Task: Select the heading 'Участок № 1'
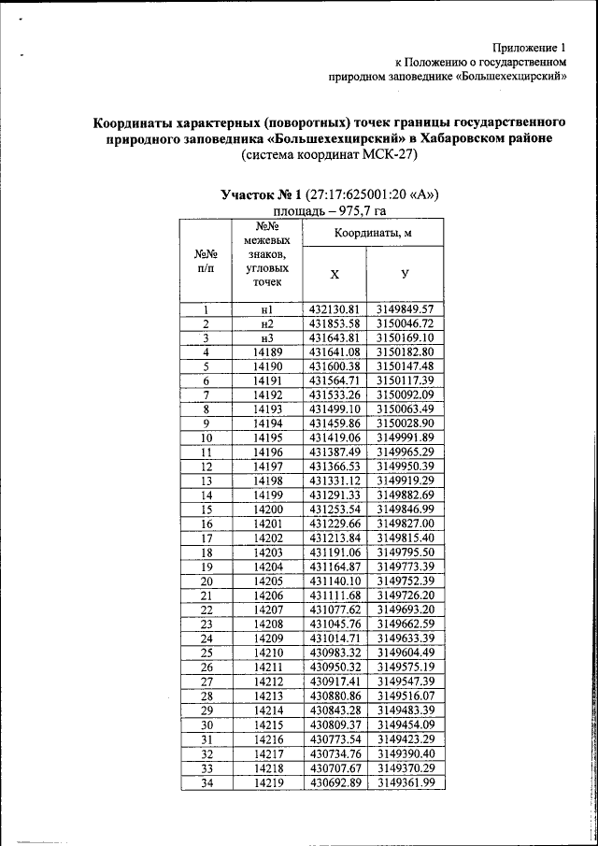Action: pos(262,195)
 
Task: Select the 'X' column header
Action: pos(335,273)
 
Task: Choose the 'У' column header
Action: pos(405,273)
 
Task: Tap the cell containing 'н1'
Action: pos(267,309)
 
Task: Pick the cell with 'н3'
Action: pos(267,337)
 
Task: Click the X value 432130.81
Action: pos(335,309)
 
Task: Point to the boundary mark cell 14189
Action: pos(267,351)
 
